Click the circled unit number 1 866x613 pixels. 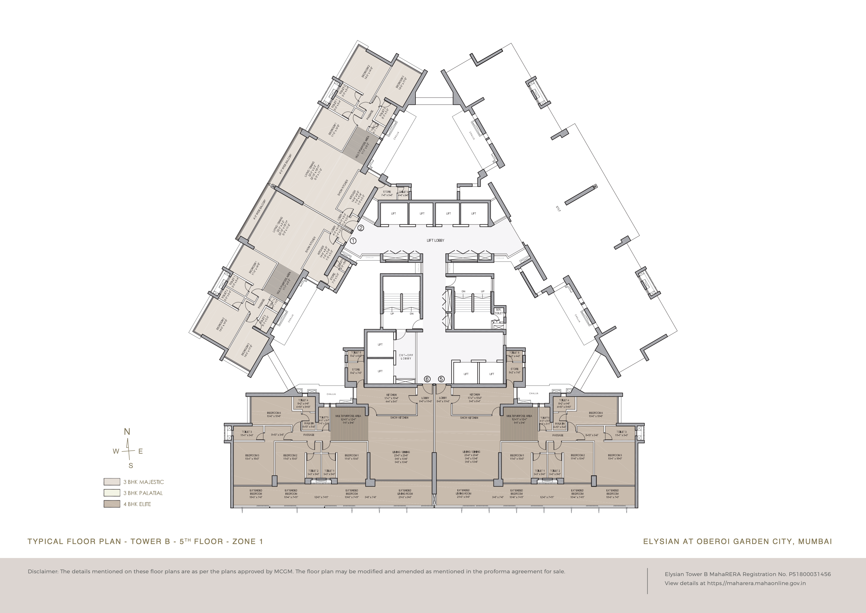[x=353, y=241]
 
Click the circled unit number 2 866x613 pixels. [x=361, y=228]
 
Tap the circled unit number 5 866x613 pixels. [x=441, y=379]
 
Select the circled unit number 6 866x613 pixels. [x=427, y=379]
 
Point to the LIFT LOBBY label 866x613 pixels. [x=435, y=241]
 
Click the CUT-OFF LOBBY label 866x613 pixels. [x=406, y=357]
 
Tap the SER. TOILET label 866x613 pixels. [x=498, y=311]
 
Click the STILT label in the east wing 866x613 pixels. [x=558, y=208]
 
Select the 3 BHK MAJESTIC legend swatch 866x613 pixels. [x=112, y=482]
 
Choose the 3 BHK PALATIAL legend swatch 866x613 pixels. [x=112, y=493]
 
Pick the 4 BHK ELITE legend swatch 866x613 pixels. [x=112, y=504]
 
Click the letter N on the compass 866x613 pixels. [x=127, y=432]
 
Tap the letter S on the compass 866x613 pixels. [x=131, y=466]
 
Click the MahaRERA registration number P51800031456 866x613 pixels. [x=810, y=574]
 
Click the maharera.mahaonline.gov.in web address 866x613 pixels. [x=757, y=583]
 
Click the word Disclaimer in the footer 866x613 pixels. [x=43, y=571]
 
